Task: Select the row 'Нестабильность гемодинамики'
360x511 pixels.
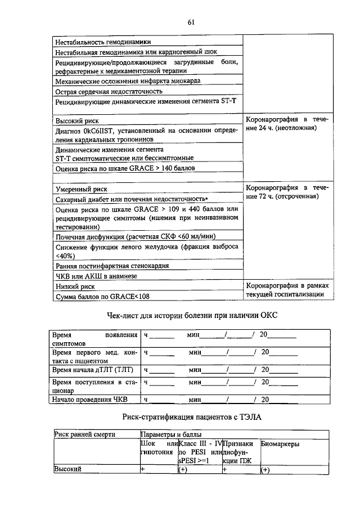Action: point(102,42)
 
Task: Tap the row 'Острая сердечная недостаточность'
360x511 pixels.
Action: point(109,91)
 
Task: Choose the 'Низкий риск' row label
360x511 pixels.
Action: point(74,286)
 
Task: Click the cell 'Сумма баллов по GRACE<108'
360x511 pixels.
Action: point(102,297)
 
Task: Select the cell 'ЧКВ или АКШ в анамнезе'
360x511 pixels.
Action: point(96,276)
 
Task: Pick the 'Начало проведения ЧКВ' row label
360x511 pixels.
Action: point(90,400)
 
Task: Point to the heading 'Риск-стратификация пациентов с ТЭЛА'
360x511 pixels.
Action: point(191,417)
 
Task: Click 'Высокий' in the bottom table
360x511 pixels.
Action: point(67,469)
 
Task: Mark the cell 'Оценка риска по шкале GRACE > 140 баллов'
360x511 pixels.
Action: point(124,168)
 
